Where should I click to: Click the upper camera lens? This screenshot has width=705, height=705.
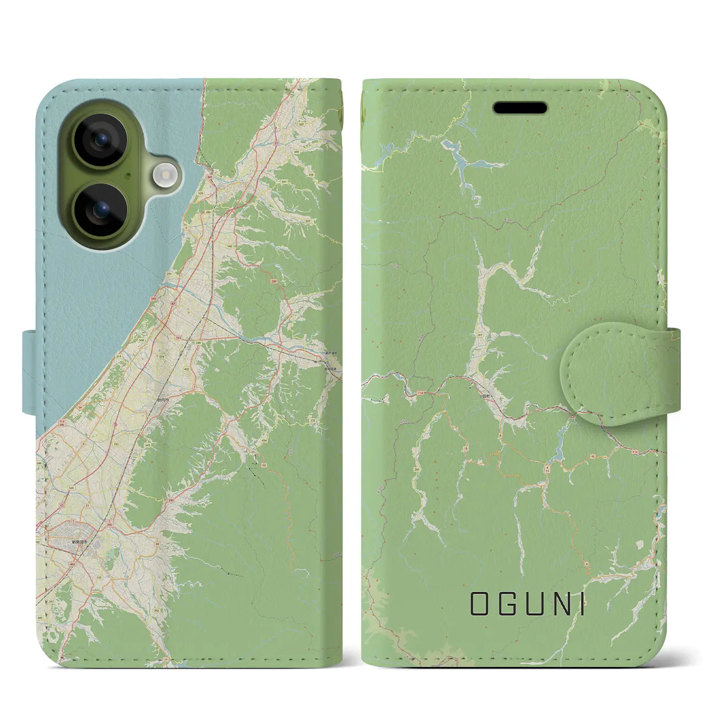[100, 139]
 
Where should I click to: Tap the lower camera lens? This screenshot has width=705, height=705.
[100, 209]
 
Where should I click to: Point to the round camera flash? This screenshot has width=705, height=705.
[164, 175]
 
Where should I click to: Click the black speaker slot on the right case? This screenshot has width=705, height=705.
[520, 108]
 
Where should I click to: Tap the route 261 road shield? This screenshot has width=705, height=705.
[481, 334]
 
